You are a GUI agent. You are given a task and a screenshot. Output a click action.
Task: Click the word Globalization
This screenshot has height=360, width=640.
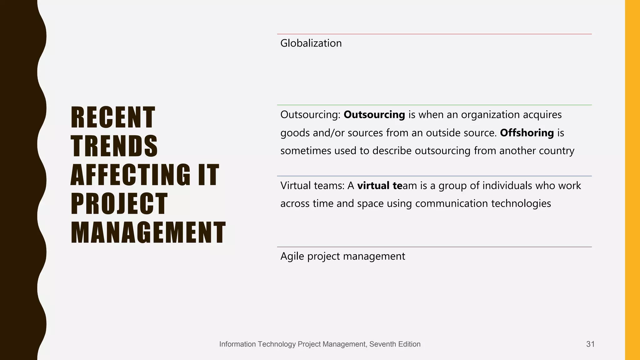pyautogui.click(x=311, y=43)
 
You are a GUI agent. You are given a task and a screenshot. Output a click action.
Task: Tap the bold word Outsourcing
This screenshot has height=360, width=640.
pyautogui.click(x=374, y=115)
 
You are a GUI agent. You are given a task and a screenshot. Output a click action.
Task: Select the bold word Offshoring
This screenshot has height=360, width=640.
pyautogui.click(x=527, y=133)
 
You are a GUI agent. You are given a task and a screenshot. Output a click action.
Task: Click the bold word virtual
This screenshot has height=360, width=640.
pyautogui.click(x=373, y=186)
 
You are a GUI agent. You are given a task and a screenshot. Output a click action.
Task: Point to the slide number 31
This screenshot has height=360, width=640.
pyautogui.click(x=590, y=344)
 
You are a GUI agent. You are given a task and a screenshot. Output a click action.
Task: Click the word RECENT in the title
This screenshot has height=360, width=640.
pyautogui.click(x=113, y=117)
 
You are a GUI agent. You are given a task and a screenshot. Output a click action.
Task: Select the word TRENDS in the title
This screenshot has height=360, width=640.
pyautogui.click(x=114, y=146)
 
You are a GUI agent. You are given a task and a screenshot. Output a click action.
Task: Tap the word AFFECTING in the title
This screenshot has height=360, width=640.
pyautogui.click(x=130, y=175)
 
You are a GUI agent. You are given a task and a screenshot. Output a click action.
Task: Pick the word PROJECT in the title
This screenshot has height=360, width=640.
pyautogui.click(x=119, y=204)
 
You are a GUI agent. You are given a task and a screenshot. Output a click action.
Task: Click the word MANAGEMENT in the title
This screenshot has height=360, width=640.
pyautogui.click(x=148, y=232)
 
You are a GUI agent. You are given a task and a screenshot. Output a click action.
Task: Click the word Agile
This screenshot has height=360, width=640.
pyautogui.click(x=292, y=256)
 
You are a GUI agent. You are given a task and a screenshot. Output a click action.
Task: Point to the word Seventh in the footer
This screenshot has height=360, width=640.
pyautogui.click(x=381, y=344)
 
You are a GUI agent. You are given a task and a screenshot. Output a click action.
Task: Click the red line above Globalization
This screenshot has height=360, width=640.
pyautogui.click(x=434, y=34)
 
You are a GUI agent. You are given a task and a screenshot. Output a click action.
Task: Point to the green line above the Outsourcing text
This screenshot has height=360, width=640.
pyautogui.click(x=434, y=105)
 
